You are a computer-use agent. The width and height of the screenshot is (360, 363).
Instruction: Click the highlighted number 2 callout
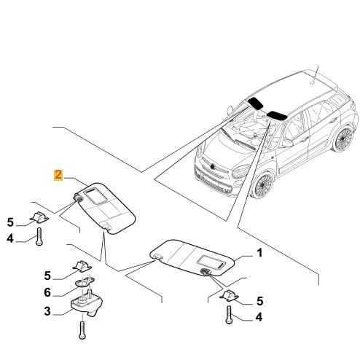(58, 175)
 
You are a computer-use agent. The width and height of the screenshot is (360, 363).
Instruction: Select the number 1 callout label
(259, 253)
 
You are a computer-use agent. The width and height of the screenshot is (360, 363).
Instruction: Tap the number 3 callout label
(47, 311)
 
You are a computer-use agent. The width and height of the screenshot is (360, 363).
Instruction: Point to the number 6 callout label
(47, 292)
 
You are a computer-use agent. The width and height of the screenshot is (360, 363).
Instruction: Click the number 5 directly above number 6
(47, 276)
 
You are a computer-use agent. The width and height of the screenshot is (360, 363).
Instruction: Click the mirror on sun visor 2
(95, 195)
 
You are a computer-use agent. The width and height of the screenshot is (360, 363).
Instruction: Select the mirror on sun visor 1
(211, 262)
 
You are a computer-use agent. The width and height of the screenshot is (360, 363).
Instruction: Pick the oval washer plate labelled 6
(85, 282)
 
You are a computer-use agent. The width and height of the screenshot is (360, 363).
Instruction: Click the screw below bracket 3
(82, 329)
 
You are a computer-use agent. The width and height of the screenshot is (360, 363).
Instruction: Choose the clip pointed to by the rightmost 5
(229, 296)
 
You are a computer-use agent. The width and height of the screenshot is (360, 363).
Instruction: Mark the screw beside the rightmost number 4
(229, 315)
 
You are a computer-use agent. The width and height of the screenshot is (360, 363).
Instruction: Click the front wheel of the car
(263, 184)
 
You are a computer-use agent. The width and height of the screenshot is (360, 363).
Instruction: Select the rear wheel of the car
(343, 138)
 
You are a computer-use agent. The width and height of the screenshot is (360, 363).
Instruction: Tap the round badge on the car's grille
(212, 167)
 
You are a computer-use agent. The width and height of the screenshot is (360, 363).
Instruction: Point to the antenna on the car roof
(315, 74)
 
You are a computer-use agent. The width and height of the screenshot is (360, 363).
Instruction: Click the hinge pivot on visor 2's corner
(78, 199)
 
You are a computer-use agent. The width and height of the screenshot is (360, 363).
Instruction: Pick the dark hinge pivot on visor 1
(204, 272)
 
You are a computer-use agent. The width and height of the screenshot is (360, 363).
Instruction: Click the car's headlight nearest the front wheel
(241, 171)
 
